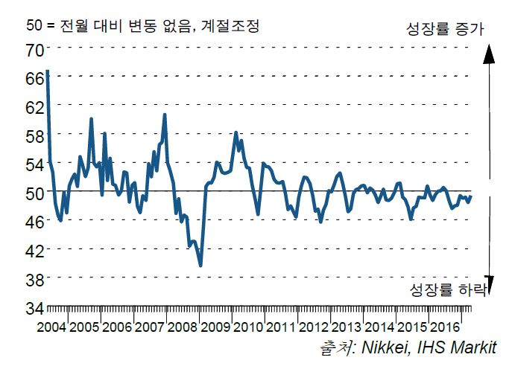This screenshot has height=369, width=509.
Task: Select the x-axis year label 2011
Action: click(282, 327)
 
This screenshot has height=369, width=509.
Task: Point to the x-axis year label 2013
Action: click(347, 327)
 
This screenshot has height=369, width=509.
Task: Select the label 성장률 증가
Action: click(446, 30)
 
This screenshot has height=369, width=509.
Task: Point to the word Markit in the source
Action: click(471, 348)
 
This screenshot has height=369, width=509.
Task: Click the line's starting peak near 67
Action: click(48, 71)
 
